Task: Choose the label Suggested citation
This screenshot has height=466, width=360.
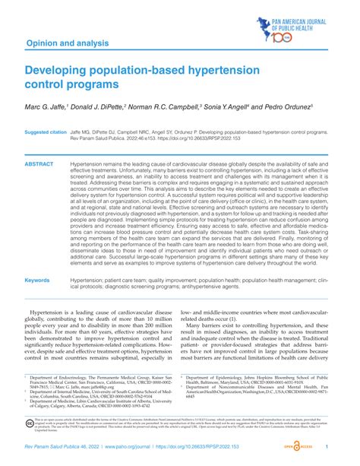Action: pyautogui.click(x=46, y=132)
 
